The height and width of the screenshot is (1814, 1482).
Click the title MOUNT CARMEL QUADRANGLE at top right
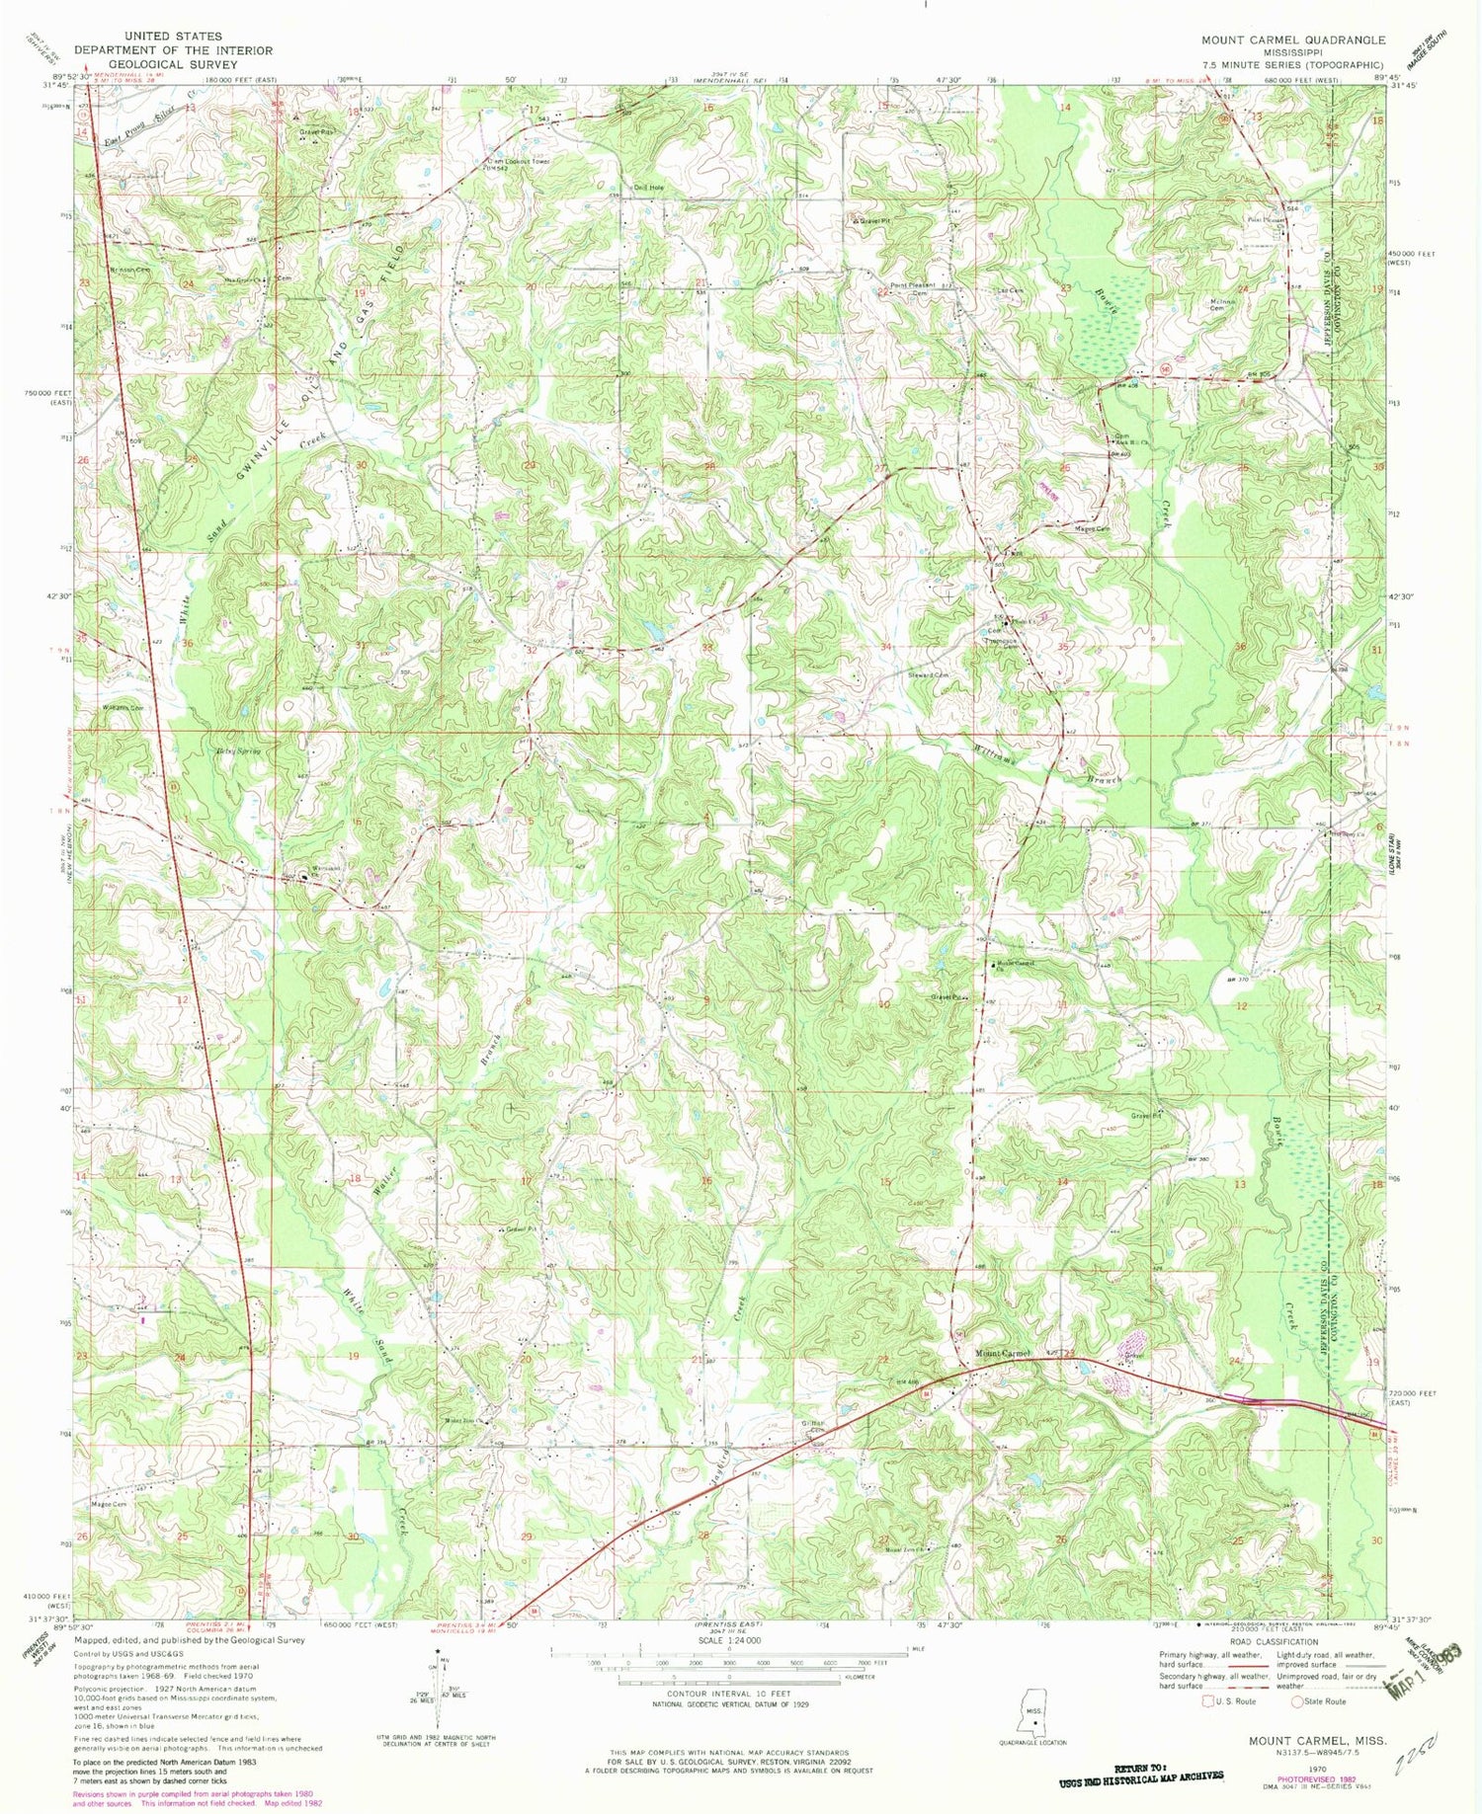click(1292, 40)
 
